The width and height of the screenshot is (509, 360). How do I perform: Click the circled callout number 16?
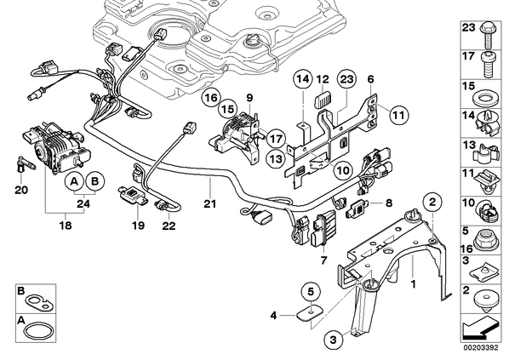tap(211, 98)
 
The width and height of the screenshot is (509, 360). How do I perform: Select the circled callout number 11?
tap(399, 115)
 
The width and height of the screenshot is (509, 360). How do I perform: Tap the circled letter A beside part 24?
tap(75, 181)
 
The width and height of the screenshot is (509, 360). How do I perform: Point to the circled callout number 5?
tap(311, 292)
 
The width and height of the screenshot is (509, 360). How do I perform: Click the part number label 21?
tap(209, 203)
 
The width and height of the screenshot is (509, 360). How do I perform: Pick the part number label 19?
tap(138, 226)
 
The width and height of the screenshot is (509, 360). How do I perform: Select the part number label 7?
tap(324, 260)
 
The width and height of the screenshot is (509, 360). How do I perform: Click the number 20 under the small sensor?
tap(21, 190)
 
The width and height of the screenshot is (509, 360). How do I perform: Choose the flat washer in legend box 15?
tap(484, 99)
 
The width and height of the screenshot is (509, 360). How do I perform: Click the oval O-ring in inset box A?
tap(37, 330)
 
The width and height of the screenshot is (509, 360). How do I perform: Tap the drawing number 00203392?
tap(481, 348)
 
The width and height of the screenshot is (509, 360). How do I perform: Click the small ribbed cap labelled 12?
tap(323, 99)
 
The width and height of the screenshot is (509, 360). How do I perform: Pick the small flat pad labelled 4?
tap(310, 313)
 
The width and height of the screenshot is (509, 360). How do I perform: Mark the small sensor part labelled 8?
tap(357, 208)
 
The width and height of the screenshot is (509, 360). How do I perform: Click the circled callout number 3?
tap(334, 340)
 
